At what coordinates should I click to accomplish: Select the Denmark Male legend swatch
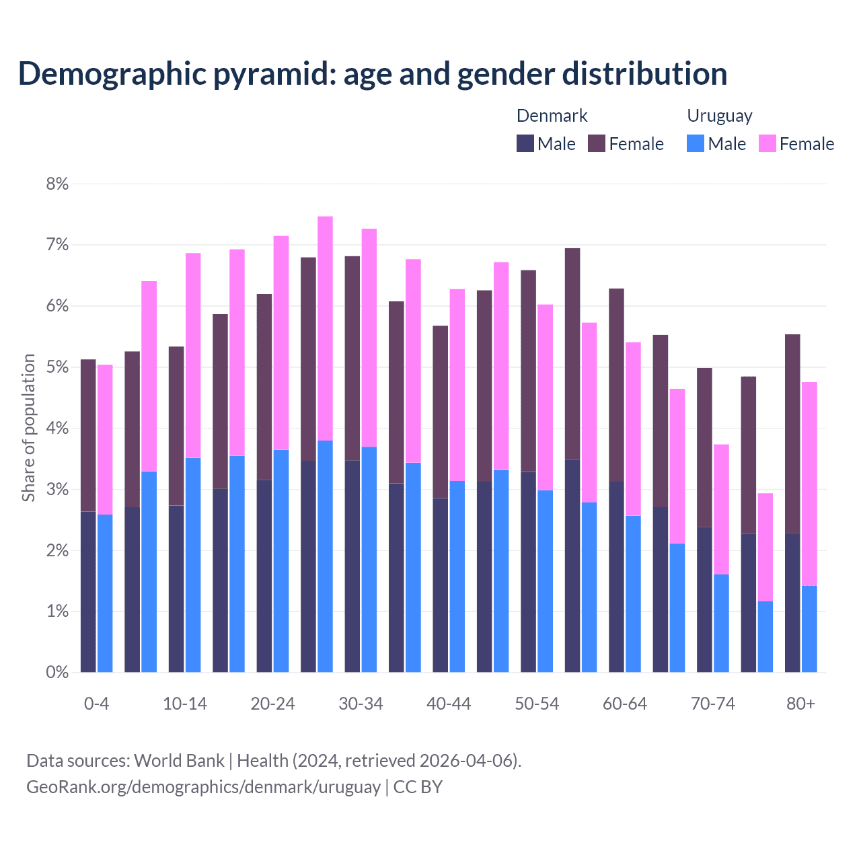coord(525,143)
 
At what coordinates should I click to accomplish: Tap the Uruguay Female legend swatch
coord(767,143)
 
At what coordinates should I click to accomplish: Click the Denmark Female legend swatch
coord(597,143)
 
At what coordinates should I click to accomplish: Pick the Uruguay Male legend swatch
coord(696,143)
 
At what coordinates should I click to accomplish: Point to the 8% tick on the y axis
coord(57,184)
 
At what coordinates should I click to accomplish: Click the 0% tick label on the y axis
coord(57,672)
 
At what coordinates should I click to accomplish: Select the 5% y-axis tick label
coord(57,367)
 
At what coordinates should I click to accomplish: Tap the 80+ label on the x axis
coord(800,704)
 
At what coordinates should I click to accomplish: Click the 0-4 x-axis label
coord(96,704)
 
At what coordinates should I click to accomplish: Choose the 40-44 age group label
coord(449,704)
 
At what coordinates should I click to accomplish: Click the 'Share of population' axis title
coord(28,428)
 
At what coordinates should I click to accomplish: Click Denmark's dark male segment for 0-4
coord(88,592)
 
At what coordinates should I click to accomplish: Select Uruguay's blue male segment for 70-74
coord(721,623)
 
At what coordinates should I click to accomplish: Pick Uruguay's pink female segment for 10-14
coord(193,355)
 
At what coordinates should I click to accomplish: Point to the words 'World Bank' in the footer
coord(179,761)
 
